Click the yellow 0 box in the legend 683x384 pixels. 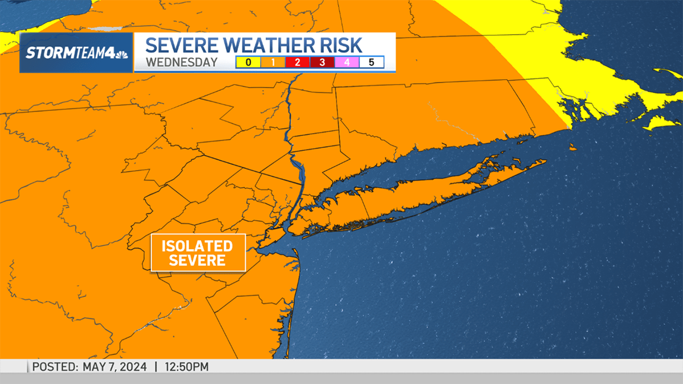(248, 63)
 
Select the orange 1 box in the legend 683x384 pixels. (273, 63)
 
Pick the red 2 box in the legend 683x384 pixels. (297, 63)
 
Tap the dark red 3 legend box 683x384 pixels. (322, 63)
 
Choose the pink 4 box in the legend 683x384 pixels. (347, 63)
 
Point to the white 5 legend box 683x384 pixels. (372, 63)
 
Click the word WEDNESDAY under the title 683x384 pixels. (182, 63)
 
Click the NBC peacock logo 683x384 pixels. (122, 53)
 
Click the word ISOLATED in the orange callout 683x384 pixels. (198, 246)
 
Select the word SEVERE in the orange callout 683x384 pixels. (198, 261)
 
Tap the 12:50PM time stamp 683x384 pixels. (187, 367)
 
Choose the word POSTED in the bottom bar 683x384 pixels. (54, 367)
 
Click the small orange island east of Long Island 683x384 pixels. (572, 148)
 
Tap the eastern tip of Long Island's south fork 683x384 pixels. (544, 162)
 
